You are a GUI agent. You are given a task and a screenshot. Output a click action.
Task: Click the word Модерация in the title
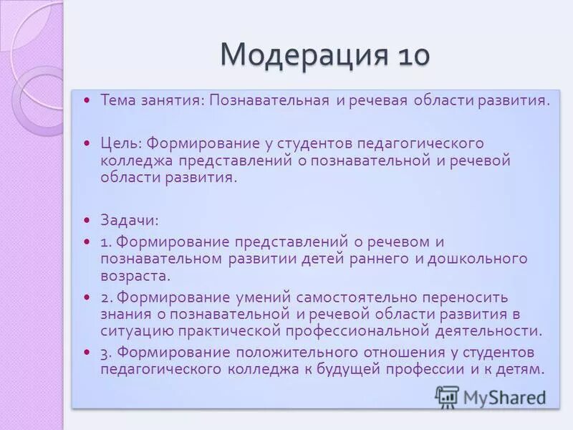[x=300, y=54]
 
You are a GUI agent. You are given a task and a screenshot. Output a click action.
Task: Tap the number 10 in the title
[x=410, y=54]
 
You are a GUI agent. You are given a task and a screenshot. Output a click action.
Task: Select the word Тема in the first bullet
[x=117, y=100]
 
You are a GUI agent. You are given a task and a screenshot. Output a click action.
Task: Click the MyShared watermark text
[x=504, y=397]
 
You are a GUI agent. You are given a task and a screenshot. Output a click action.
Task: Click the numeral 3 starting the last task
[x=104, y=353]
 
